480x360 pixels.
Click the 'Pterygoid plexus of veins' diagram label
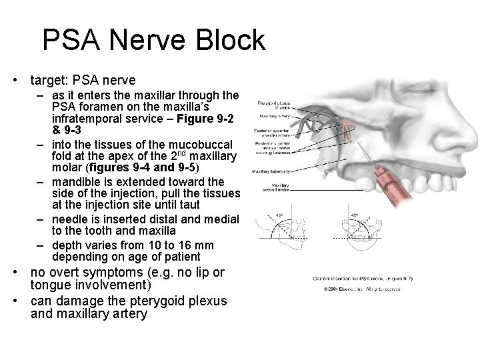click(271, 105)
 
